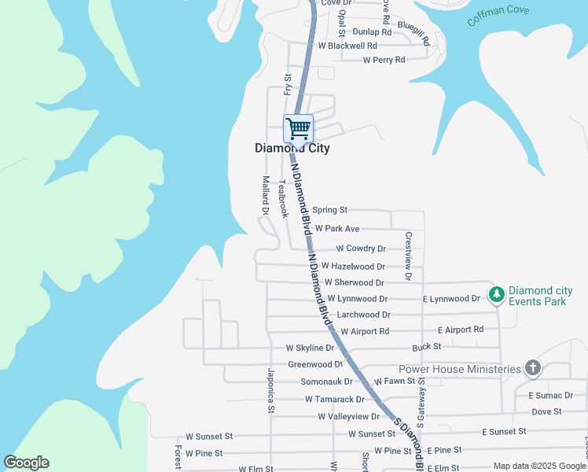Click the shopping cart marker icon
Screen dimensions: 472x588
(298, 127)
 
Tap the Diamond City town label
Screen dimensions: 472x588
(292, 148)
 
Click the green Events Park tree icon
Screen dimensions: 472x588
(496, 294)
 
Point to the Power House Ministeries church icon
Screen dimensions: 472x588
(533, 368)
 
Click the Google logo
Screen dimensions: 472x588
(26, 463)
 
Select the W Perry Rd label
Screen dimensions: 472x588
(378, 60)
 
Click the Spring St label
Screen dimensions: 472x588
(329, 210)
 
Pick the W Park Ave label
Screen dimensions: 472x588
(336, 229)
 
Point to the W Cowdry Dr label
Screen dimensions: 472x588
(360, 249)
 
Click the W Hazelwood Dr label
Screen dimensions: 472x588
(353, 267)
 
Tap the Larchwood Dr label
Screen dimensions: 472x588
(363, 315)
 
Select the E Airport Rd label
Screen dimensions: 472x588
(460, 330)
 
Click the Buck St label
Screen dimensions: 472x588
(426, 347)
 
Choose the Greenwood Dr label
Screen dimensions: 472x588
(315, 364)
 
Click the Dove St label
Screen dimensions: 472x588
(546, 411)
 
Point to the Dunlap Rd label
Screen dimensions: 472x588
(372, 32)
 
